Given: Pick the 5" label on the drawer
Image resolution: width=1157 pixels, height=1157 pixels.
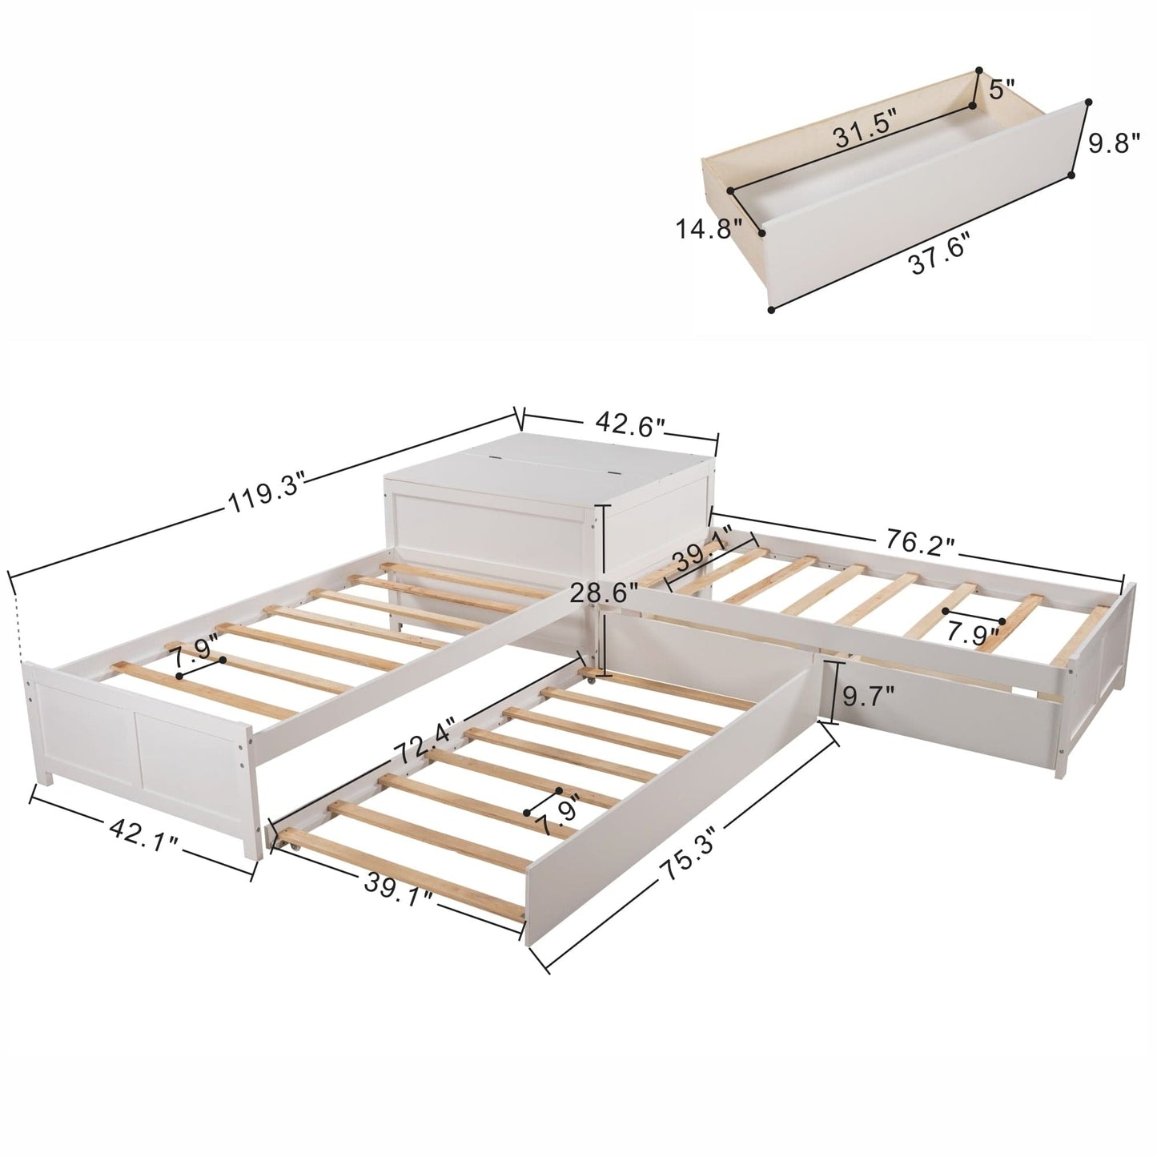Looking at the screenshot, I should click(1001, 89).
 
